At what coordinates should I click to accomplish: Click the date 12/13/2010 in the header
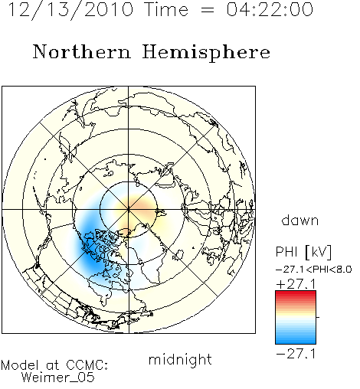[70, 10]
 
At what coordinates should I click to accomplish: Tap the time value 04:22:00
[270, 9]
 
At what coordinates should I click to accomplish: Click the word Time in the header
[166, 9]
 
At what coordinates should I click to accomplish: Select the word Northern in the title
[82, 51]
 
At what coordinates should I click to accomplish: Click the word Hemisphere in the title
[206, 53]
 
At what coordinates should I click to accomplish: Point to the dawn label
[300, 220]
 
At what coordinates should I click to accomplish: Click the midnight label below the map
[180, 359]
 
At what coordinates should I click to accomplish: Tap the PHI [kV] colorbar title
[303, 252]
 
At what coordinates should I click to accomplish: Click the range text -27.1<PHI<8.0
[314, 270]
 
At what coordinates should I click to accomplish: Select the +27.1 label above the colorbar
[296, 284]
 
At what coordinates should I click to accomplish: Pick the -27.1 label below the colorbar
[296, 355]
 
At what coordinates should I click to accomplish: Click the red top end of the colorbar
[296, 293]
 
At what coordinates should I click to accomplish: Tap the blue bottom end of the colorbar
[296, 342]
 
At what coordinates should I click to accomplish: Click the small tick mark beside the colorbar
[318, 317]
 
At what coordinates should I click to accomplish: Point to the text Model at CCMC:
[54, 365]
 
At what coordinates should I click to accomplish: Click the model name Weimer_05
[57, 378]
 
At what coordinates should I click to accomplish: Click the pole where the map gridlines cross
[129, 209]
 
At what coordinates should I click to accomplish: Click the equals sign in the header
[208, 10]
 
